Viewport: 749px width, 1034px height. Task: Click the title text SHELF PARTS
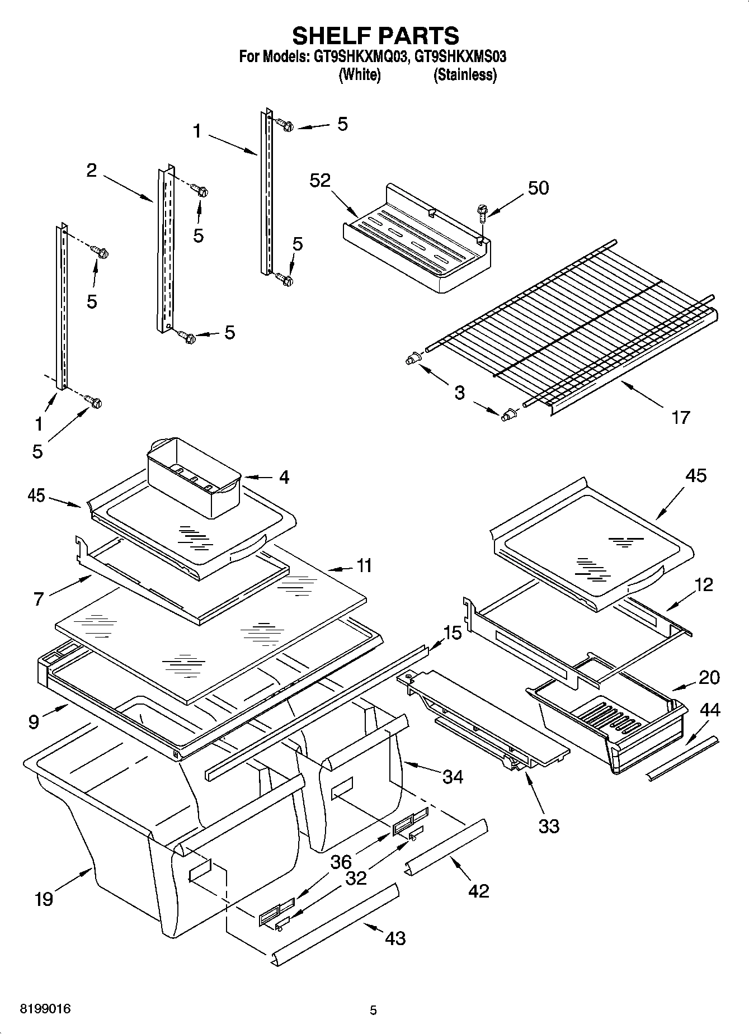[x=375, y=36]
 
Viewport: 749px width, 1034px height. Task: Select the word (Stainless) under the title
[x=465, y=75]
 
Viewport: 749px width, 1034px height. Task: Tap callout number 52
[x=320, y=180]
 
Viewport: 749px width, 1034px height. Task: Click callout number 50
[x=538, y=188]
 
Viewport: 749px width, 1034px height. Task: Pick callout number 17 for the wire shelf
[x=680, y=417]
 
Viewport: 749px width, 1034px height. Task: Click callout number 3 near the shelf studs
[x=459, y=393]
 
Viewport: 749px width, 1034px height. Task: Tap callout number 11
[x=364, y=566]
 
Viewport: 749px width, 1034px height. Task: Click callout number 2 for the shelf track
[x=91, y=171]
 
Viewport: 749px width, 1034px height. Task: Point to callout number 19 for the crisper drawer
[x=44, y=899]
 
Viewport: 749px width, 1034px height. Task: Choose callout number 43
[x=395, y=938]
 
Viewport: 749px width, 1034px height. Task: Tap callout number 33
[x=548, y=826]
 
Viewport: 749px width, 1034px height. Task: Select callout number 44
[x=710, y=710]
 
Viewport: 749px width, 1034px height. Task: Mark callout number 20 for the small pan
[x=709, y=677]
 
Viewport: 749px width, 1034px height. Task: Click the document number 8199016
[x=45, y=1009]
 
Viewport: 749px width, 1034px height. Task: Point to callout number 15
[x=453, y=633]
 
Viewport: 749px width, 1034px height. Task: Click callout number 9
[x=34, y=722]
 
